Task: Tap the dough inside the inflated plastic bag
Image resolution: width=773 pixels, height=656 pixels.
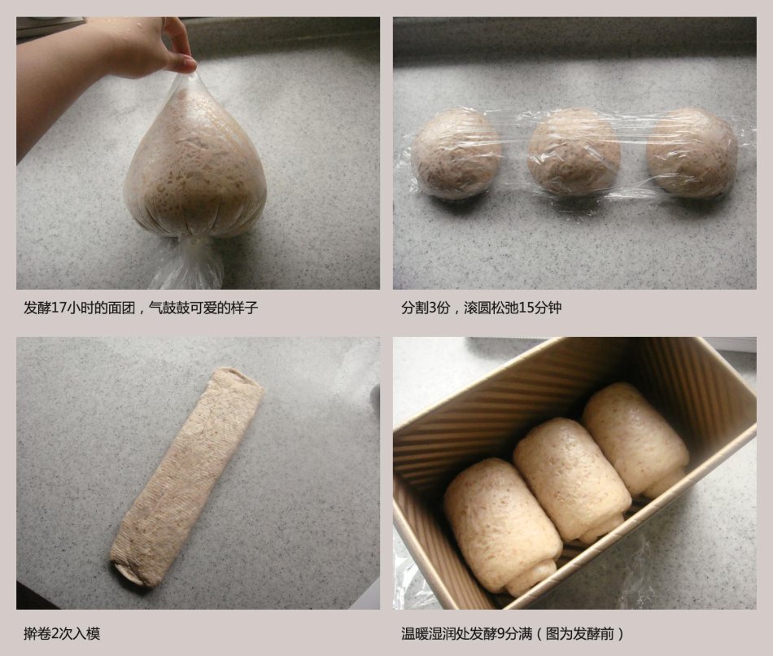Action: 194,168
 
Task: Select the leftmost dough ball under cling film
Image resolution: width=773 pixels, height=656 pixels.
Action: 456,154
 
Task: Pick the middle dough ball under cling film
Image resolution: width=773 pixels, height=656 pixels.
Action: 574,152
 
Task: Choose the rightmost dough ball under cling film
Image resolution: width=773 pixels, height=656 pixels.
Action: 692,153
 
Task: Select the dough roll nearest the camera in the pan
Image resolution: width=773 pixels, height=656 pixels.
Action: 503,525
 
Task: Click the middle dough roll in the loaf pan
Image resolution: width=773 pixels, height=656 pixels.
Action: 572,479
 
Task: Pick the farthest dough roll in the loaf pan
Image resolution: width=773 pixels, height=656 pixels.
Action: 636,439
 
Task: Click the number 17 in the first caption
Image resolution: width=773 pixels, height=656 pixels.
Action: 59,308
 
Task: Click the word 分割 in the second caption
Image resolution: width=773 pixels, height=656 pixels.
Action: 415,308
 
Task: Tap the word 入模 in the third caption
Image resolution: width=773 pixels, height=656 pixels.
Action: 87,633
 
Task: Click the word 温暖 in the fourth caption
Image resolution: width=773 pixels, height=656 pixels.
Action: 415,633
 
